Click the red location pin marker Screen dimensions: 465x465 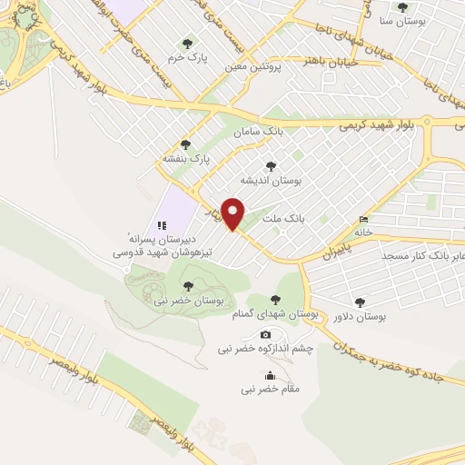click(234, 213)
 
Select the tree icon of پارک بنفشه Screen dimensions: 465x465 click(186, 144)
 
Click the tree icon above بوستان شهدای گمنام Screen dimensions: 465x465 click(275, 300)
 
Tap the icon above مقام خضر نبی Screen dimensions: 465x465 click(269, 375)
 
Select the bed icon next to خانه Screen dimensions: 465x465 click(364, 219)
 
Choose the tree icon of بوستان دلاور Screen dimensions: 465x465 click(361, 302)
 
